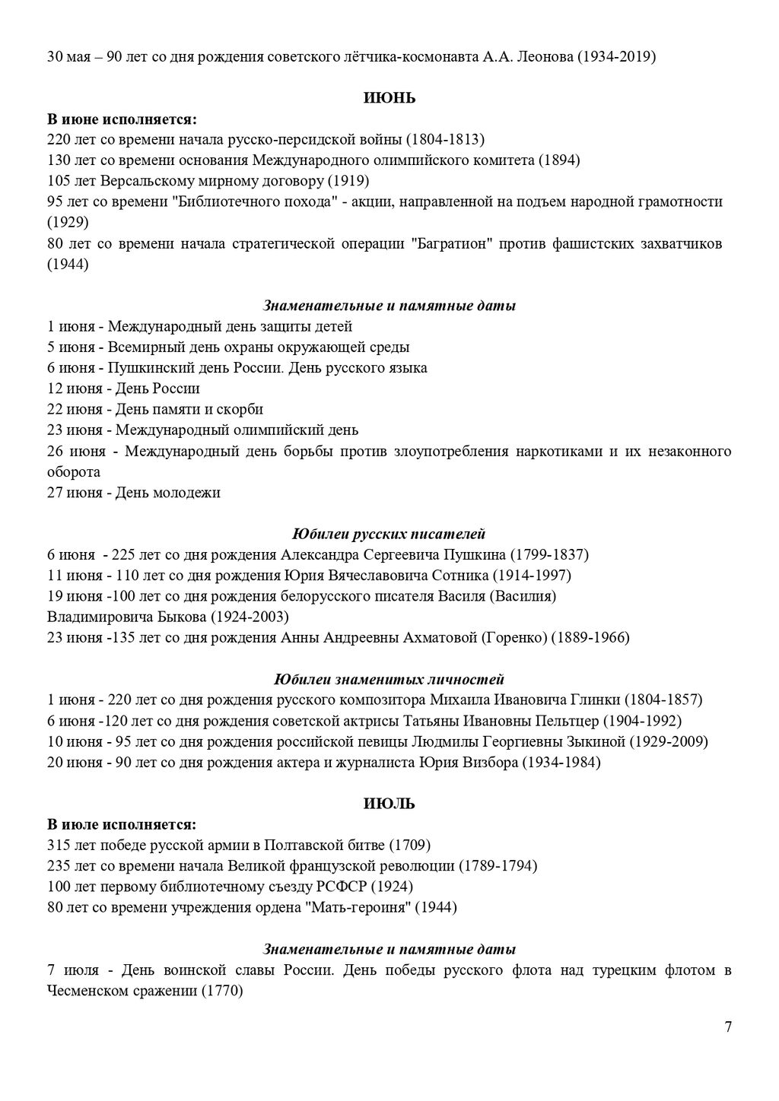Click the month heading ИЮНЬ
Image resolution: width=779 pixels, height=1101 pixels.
coord(389,98)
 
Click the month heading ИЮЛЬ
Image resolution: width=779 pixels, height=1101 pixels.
coord(389,804)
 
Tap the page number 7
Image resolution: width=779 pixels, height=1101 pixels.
coord(728,1027)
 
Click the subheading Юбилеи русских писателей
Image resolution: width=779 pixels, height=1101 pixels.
coord(389,534)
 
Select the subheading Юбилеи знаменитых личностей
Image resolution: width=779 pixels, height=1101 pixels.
coord(389,679)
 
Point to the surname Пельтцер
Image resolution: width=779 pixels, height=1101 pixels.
coord(567,721)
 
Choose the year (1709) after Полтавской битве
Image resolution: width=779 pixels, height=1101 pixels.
coord(410,846)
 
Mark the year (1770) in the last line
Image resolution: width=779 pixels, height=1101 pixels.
coord(221,992)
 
